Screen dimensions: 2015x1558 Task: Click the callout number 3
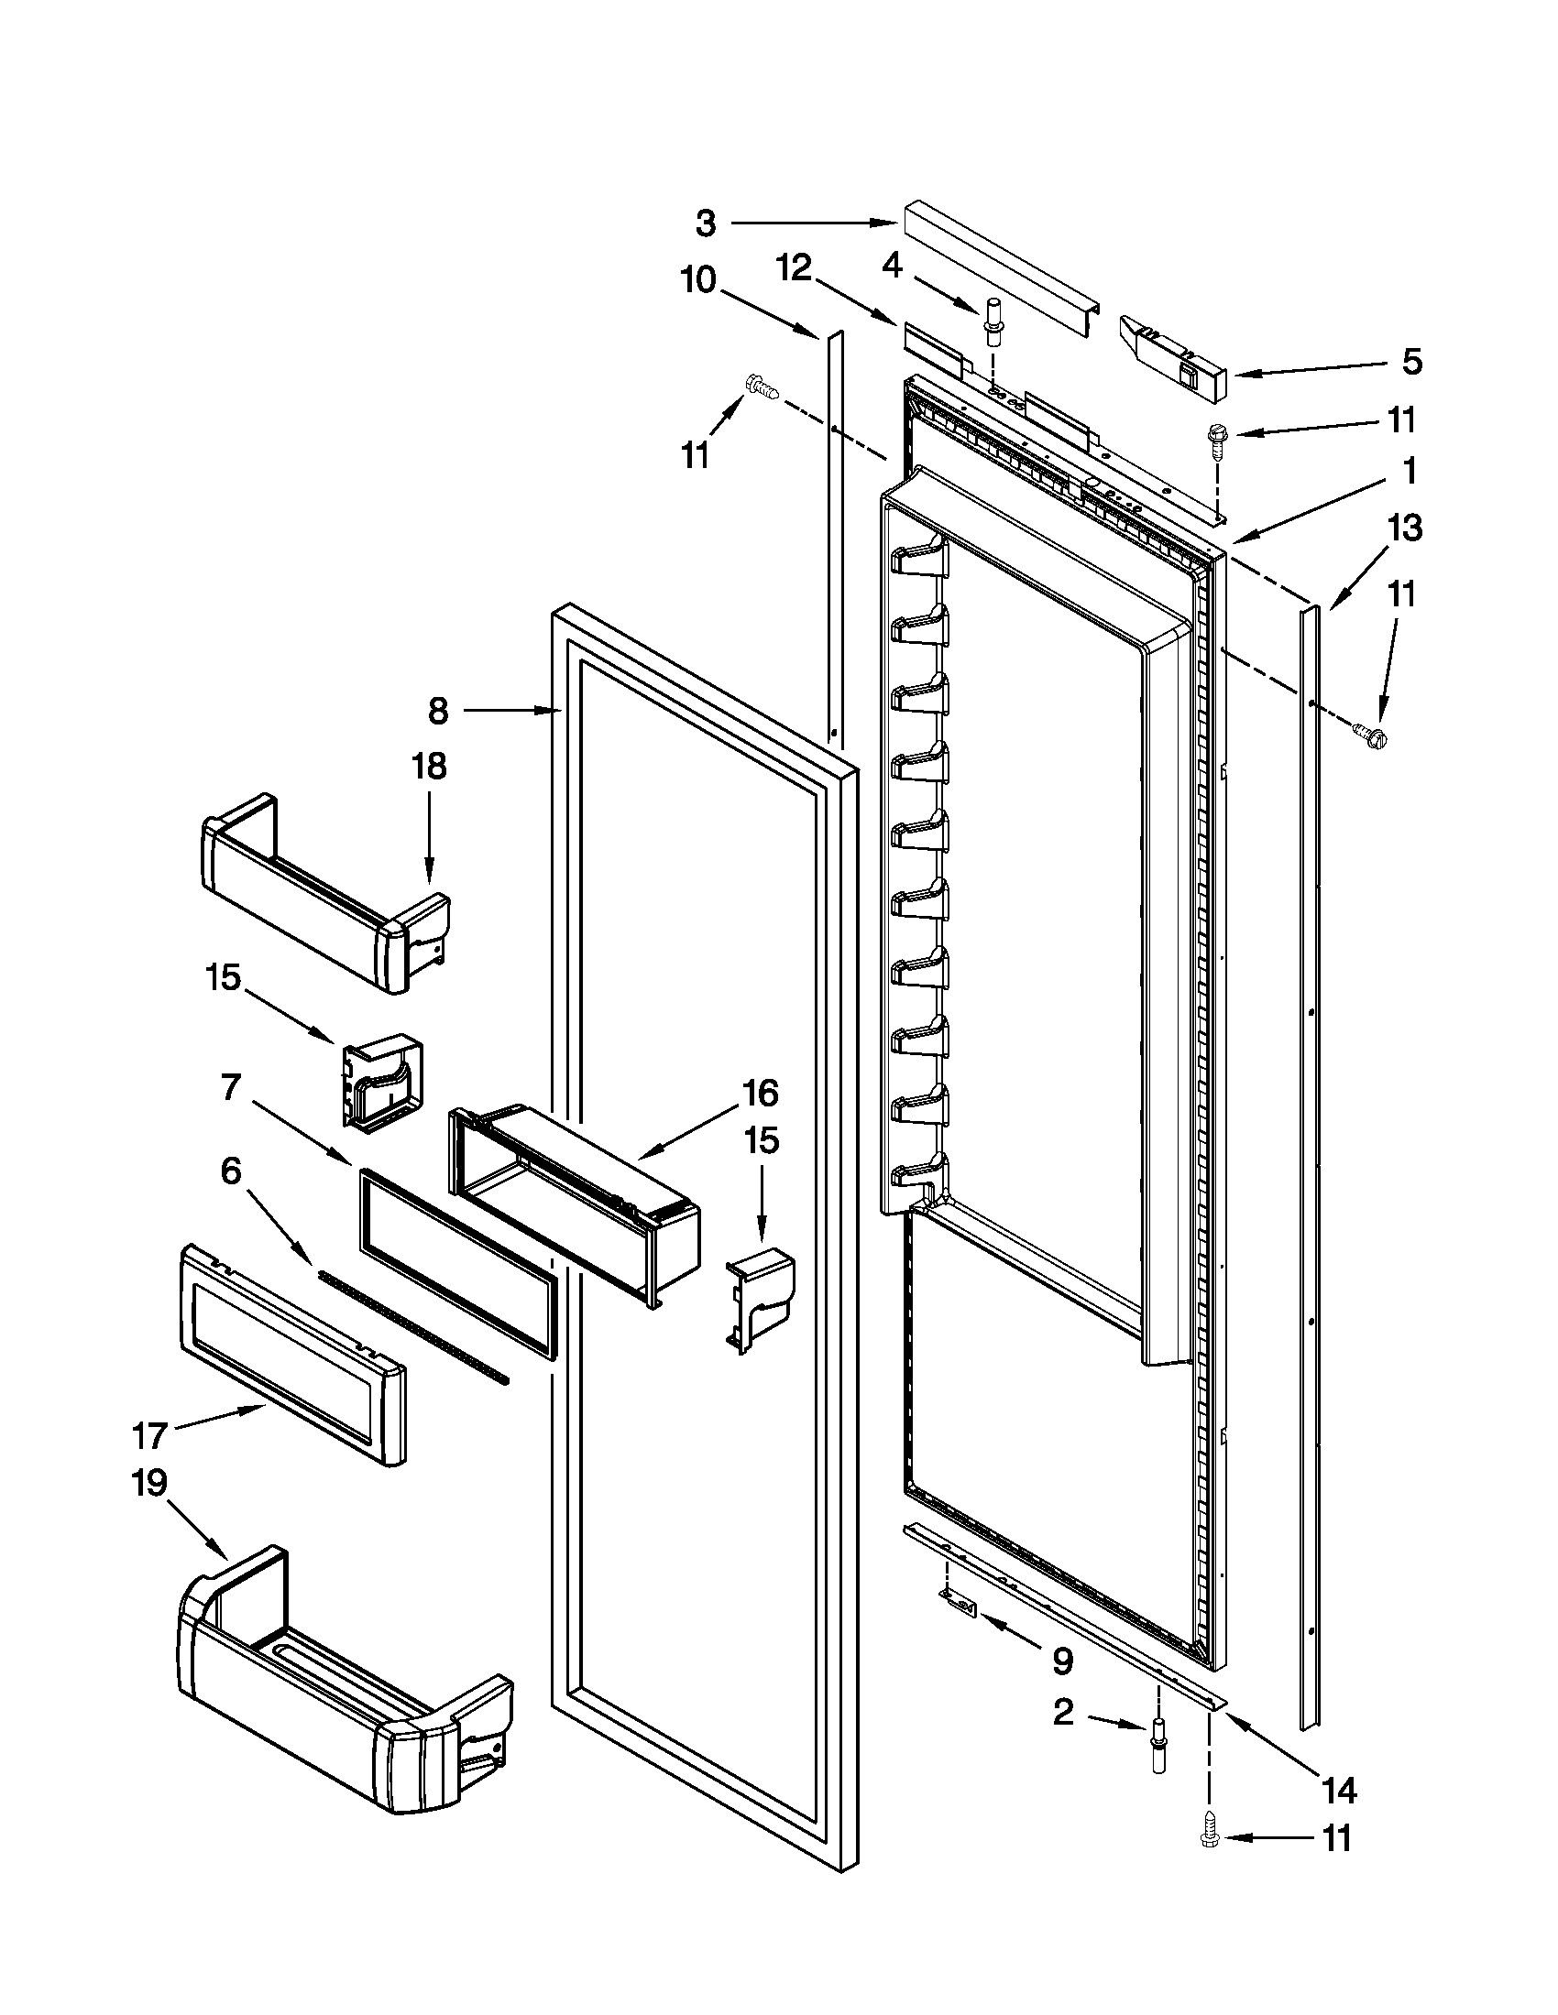[x=705, y=223]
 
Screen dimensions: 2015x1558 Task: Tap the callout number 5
[x=1412, y=362]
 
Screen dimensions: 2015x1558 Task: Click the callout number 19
[x=149, y=1483]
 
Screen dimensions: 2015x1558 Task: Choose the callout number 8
[x=438, y=711]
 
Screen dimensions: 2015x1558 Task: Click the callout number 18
[x=429, y=766]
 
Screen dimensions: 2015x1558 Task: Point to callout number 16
[x=761, y=1094]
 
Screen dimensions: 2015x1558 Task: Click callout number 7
[x=231, y=1089]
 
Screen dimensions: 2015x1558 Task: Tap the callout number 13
[x=1405, y=528]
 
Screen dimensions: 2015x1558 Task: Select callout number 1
[x=1409, y=471]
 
